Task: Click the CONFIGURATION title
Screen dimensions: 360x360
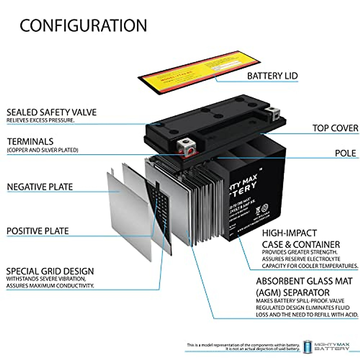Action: point(83,25)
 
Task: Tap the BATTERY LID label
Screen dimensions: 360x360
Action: point(272,76)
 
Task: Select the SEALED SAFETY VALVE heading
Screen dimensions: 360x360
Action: point(52,112)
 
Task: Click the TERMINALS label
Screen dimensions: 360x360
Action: point(30,142)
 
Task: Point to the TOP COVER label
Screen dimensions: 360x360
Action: point(335,128)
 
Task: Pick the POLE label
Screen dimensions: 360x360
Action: point(345,153)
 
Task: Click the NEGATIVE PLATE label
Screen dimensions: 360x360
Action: point(40,187)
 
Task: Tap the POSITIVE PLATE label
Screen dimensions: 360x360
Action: point(38,231)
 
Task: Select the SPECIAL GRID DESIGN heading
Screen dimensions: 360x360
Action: point(50,271)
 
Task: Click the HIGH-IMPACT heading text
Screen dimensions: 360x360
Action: point(285,233)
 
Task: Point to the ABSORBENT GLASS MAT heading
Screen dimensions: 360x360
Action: point(304,281)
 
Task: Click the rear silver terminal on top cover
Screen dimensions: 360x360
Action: point(274,112)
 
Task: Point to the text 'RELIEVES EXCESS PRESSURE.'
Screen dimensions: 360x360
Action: point(40,120)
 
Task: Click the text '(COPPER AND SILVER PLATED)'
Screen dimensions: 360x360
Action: point(43,150)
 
